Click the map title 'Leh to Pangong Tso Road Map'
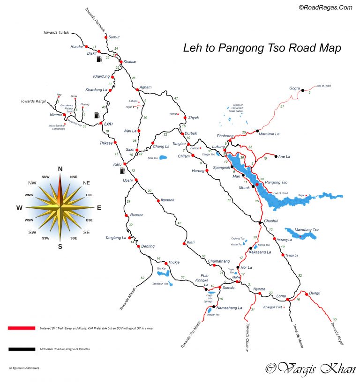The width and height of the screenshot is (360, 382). tap(262, 48)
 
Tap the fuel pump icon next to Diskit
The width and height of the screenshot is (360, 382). tap(99, 59)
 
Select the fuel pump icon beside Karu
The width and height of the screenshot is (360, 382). tap(122, 170)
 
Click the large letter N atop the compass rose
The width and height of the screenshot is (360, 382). tap(60, 169)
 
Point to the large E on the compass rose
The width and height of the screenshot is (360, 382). tap(98, 207)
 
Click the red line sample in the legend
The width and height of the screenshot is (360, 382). tap(22, 328)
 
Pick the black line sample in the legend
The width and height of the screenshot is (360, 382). tap(22, 349)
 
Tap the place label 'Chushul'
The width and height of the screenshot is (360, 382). tap(271, 221)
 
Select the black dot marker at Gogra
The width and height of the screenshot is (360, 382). tap(303, 90)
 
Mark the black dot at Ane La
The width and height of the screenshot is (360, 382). tap(276, 156)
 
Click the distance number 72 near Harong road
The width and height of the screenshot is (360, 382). tap(229, 200)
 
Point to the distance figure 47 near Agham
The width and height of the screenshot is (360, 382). tap(176, 98)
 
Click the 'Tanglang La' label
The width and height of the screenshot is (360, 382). tap(115, 238)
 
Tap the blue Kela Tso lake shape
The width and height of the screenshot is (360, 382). tap(163, 158)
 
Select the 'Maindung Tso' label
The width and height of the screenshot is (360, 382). tap(307, 230)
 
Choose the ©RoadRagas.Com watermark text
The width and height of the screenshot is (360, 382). tap(324, 7)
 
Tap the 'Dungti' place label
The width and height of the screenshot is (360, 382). tap(315, 293)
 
